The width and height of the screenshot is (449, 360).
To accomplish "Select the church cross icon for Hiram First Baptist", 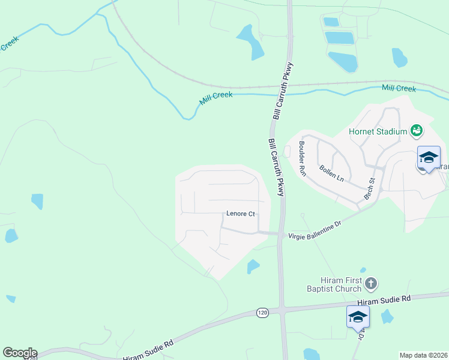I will (x=371, y=283).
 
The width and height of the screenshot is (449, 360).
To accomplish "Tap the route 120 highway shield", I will (x=262, y=313).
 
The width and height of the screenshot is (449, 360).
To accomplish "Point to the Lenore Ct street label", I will (x=241, y=214).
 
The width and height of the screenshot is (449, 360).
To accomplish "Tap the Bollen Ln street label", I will (x=331, y=173).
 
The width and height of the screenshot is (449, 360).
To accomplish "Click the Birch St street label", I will (x=369, y=188).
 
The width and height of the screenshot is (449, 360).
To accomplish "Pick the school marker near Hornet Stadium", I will (x=429, y=158).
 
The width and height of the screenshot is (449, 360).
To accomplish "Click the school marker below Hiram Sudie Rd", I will (x=358, y=317).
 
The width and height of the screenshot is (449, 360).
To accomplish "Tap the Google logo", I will (x=20, y=353).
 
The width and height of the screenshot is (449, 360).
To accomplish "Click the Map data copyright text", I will (x=423, y=355).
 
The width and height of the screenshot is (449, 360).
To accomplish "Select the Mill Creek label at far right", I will (x=399, y=89).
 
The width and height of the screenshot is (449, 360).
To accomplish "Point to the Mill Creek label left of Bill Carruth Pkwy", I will (x=215, y=98).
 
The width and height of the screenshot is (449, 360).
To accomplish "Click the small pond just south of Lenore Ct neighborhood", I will (x=253, y=266).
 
